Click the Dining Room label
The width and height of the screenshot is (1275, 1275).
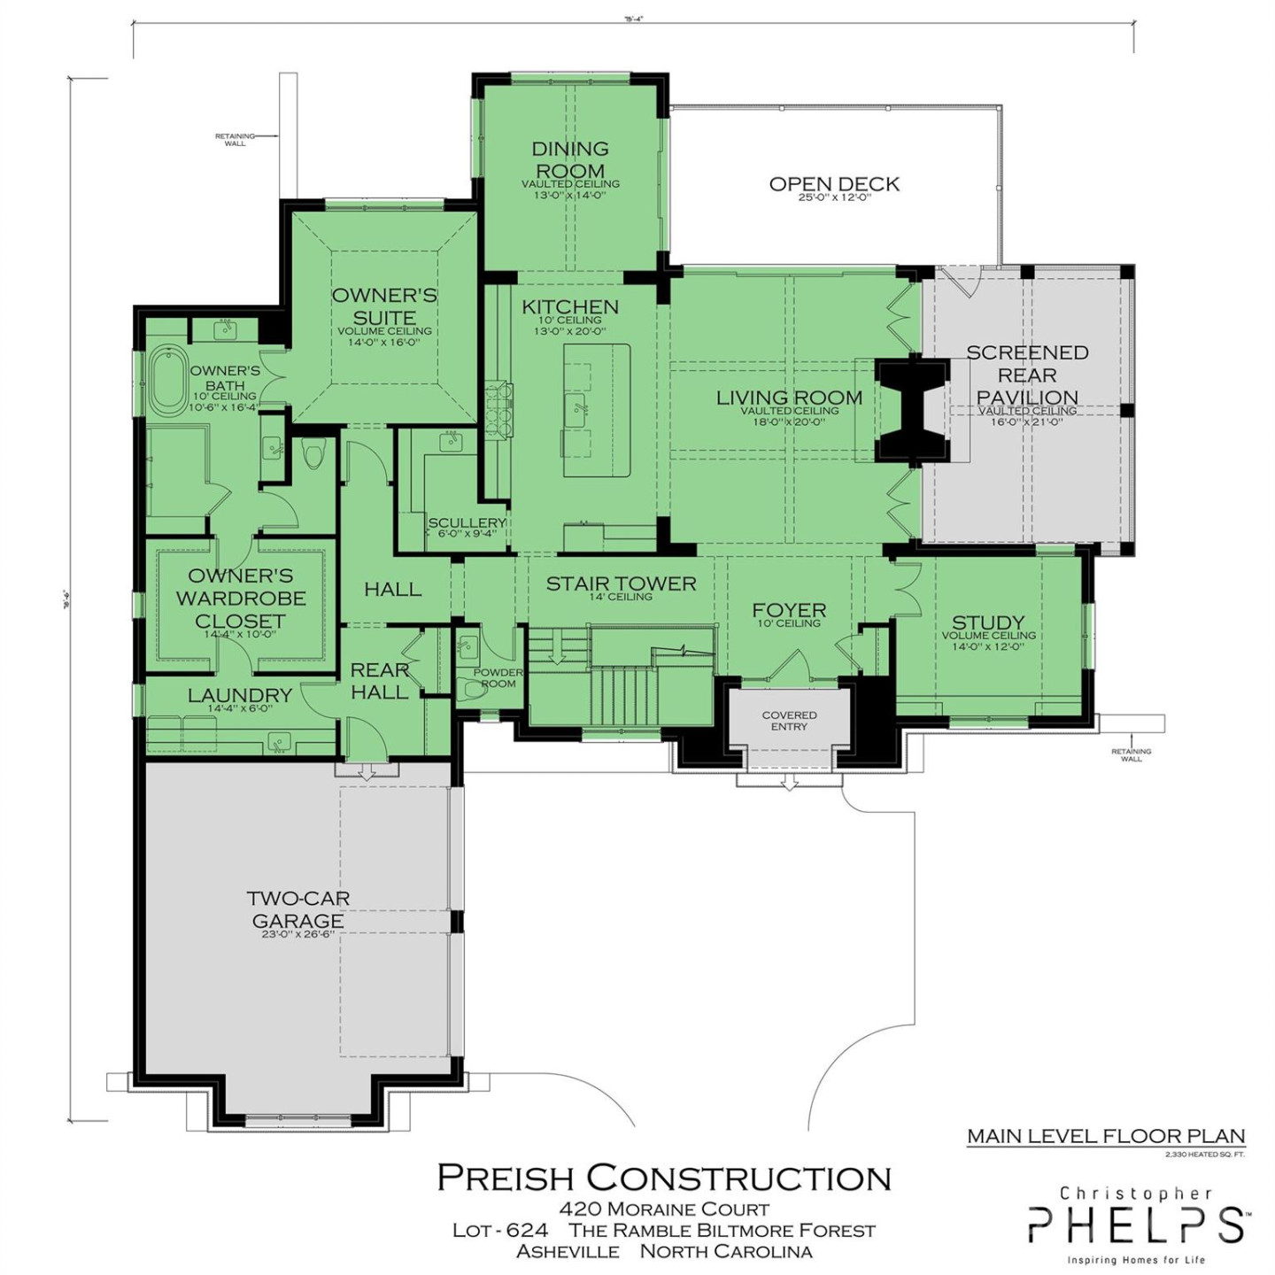click(x=570, y=159)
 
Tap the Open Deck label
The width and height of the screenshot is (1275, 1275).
click(x=833, y=184)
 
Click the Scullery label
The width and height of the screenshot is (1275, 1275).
click(x=467, y=523)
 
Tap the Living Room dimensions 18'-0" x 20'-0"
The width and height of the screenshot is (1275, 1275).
click(x=789, y=422)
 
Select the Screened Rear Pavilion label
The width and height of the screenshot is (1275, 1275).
click(x=1027, y=375)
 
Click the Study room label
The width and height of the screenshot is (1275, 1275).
click(x=988, y=622)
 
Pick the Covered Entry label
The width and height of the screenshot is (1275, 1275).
click(x=789, y=721)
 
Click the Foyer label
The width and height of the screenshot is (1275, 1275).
click(x=789, y=610)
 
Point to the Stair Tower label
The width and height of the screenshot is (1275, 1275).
click(x=621, y=583)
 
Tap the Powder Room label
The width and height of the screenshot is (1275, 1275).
click(x=498, y=677)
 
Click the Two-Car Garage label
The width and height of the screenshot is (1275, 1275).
click(x=297, y=909)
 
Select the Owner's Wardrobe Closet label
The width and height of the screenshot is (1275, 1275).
click(x=241, y=599)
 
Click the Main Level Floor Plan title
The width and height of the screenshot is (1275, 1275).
click(x=1106, y=1136)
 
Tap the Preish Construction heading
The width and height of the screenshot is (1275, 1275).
click(x=664, y=1178)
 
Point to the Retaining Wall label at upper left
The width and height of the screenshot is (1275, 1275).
click(x=235, y=139)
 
